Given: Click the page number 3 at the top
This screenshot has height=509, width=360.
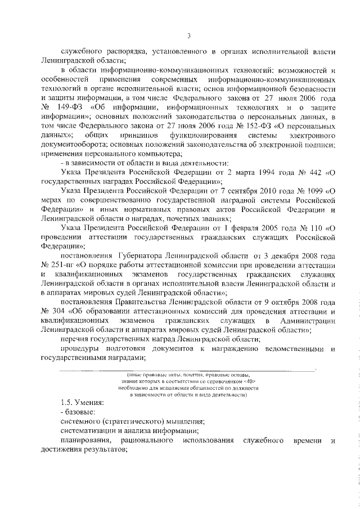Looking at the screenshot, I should click(189, 37).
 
